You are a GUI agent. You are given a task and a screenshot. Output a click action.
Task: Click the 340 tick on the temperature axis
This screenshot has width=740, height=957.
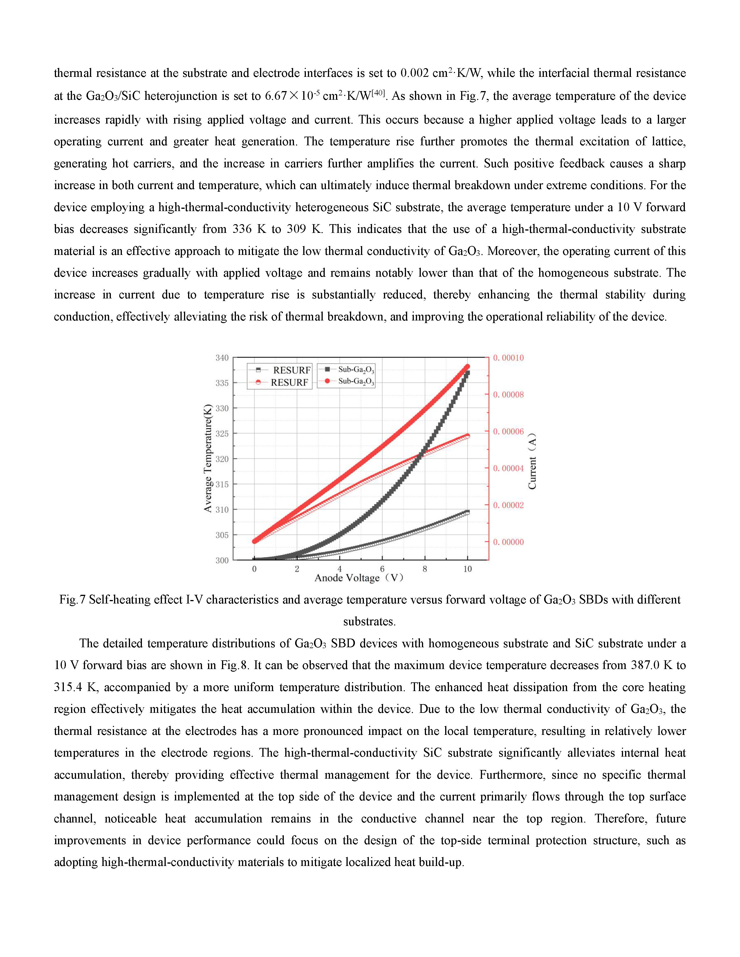[x=222, y=358]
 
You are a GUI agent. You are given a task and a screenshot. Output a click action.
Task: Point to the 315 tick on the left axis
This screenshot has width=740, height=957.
[x=222, y=484]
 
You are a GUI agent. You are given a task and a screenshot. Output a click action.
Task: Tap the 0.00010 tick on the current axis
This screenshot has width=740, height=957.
[x=508, y=358]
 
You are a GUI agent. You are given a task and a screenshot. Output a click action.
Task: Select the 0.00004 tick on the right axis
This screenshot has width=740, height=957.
[x=508, y=468]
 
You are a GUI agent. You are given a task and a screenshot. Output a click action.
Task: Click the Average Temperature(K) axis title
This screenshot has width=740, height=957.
[x=208, y=458]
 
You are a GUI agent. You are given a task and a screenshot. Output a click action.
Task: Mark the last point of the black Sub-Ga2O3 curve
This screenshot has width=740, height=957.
[x=467, y=372]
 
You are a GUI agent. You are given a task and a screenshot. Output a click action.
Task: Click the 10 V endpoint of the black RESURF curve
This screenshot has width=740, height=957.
[x=467, y=512]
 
